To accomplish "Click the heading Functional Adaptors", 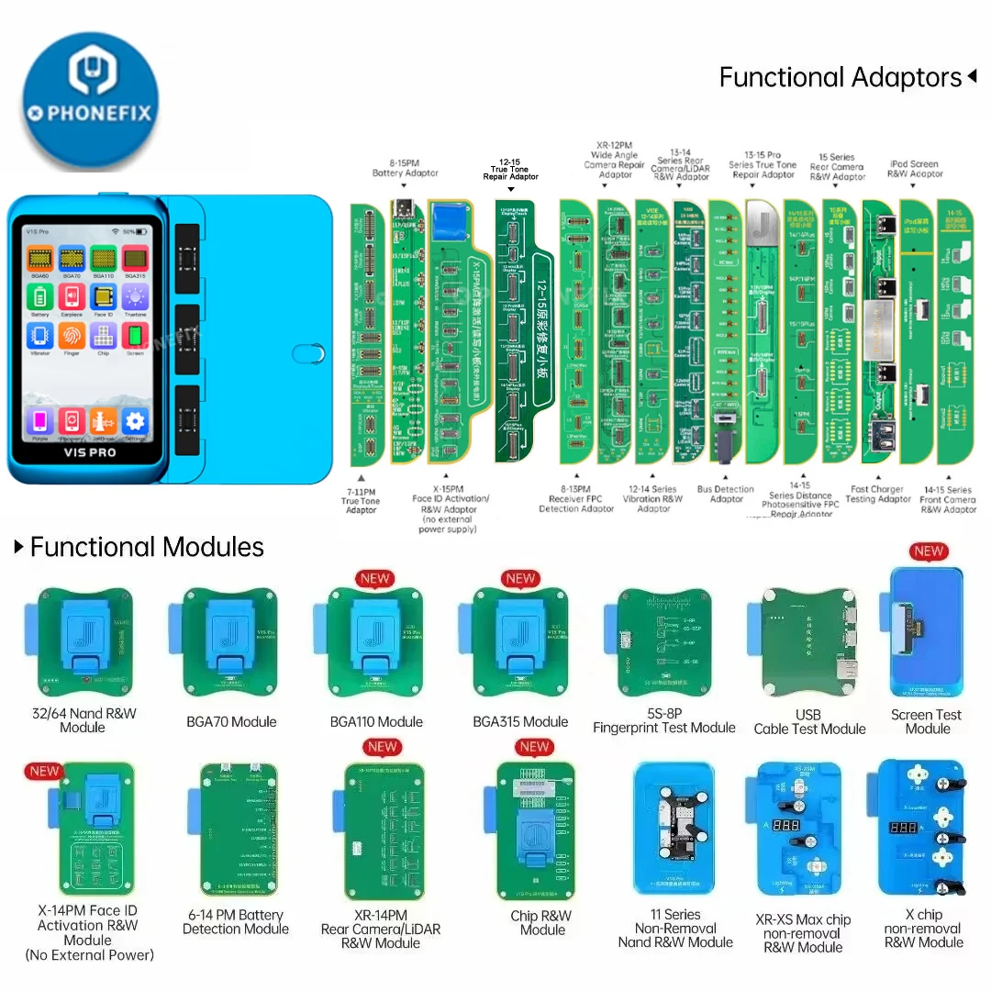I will [x=840, y=78].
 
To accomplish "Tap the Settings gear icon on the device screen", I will [x=135, y=421].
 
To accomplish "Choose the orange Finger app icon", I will [x=72, y=337].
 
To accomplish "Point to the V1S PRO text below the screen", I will [x=89, y=452].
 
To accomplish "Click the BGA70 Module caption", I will [x=231, y=722].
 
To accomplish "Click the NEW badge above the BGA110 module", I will [x=376, y=579].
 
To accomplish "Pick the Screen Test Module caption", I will [x=927, y=721].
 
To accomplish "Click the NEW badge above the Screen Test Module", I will [x=929, y=551].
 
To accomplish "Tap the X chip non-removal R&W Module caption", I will [x=924, y=929].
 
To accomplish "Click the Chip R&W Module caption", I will [x=541, y=922].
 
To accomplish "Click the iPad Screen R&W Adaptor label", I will [x=915, y=169].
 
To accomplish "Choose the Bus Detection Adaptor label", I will [x=725, y=494].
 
